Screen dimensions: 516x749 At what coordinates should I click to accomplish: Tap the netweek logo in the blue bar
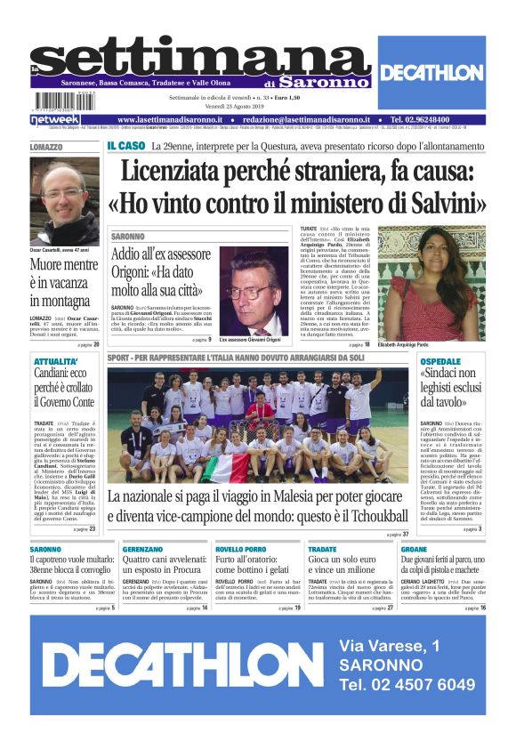(x=54, y=119)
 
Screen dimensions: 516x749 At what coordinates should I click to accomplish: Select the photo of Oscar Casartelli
(x=63, y=201)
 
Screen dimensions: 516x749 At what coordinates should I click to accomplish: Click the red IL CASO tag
(x=125, y=145)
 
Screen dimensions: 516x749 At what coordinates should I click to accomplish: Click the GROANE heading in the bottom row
(x=413, y=550)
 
